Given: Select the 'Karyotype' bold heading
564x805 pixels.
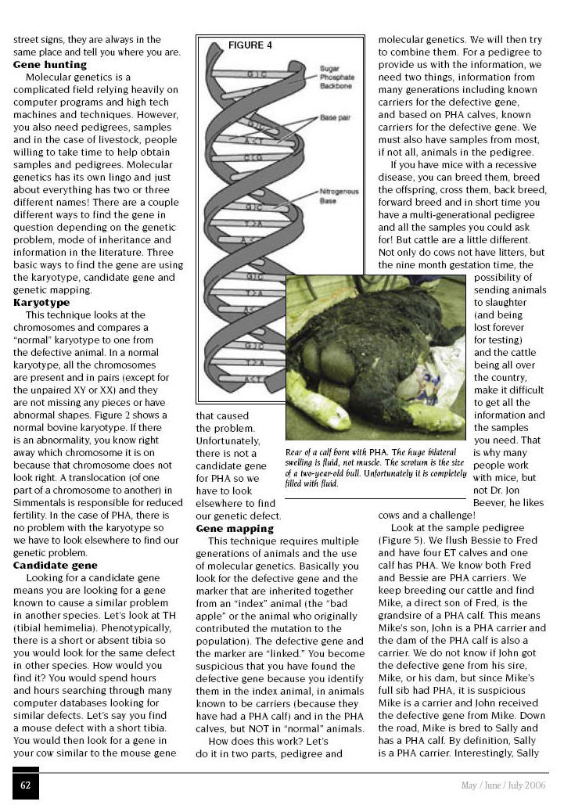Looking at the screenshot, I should pyautogui.click(x=41, y=302).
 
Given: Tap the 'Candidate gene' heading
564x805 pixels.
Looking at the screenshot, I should pyautogui.click(x=55, y=564).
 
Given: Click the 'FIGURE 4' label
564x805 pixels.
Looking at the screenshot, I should pyautogui.click(x=250, y=45).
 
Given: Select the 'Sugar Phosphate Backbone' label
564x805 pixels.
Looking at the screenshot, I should pyautogui.click(x=337, y=77).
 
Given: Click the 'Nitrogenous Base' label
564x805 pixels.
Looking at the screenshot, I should pyautogui.click(x=338, y=196).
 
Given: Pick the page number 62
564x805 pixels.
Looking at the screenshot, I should pyautogui.click(x=26, y=785).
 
